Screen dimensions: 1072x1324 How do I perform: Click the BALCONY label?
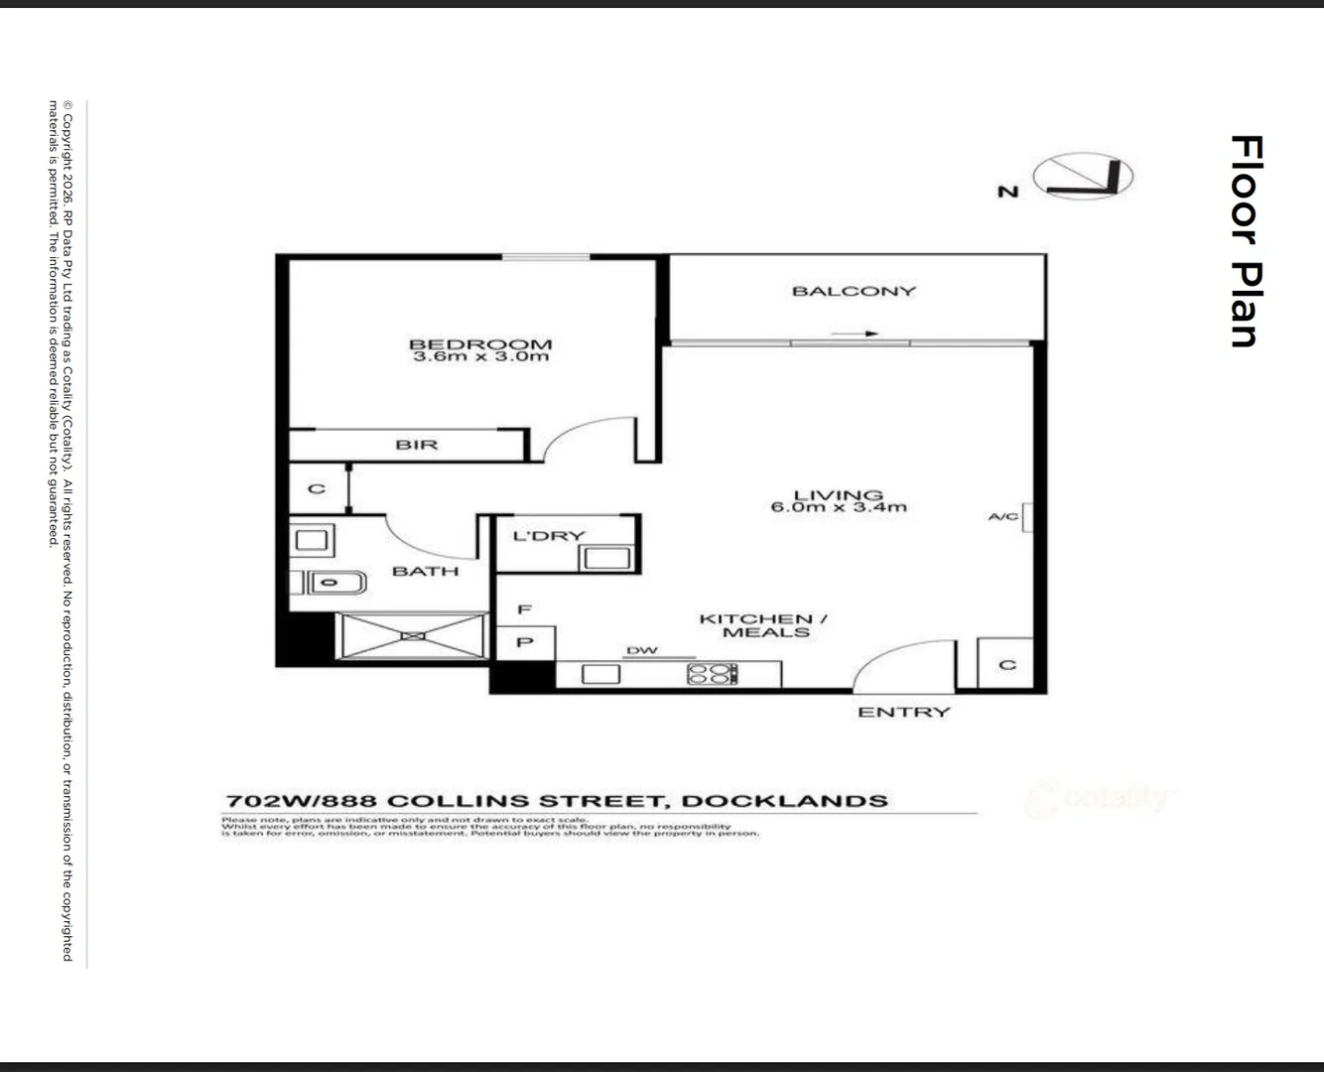(x=854, y=291)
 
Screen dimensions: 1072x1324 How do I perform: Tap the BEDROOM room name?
(x=480, y=344)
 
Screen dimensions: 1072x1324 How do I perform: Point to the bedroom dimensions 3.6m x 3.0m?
(x=480, y=356)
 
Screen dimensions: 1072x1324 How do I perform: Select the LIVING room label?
(x=839, y=494)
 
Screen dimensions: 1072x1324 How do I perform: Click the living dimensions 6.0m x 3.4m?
(x=839, y=507)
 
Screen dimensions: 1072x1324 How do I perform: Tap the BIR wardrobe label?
(x=417, y=445)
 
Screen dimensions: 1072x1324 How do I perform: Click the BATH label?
(x=426, y=571)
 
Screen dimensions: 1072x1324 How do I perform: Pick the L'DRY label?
(x=549, y=536)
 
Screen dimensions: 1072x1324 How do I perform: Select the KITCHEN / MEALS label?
(x=763, y=625)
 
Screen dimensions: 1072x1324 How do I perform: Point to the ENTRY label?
(x=903, y=712)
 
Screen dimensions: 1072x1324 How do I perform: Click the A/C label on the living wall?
(x=1003, y=516)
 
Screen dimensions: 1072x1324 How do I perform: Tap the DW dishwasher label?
(x=642, y=651)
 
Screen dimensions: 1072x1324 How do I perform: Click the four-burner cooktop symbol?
(x=712, y=674)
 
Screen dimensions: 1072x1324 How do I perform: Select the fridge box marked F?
(x=525, y=609)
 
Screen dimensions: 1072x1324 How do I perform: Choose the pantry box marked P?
(x=525, y=642)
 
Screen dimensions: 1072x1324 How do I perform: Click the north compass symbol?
(x=1083, y=178)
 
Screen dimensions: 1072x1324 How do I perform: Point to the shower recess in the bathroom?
(x=411, y=635)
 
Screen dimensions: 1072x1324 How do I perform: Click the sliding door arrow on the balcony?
(x=855, y=334)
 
